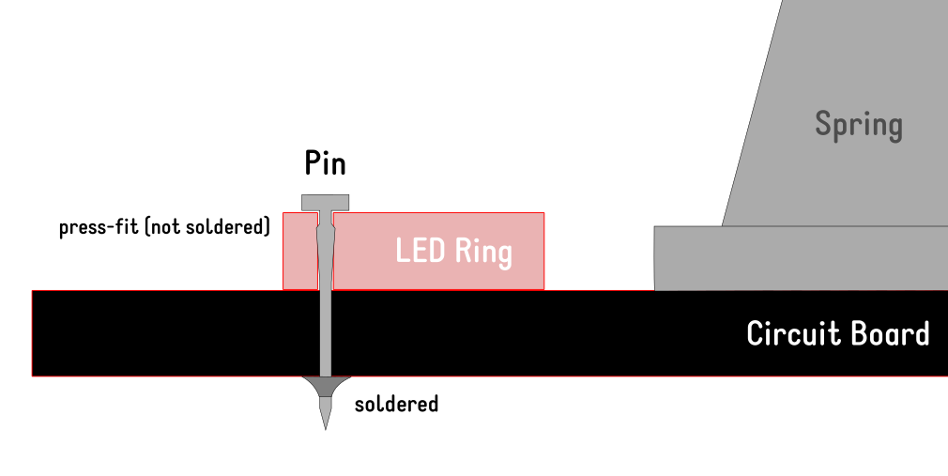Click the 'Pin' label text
point(325,163)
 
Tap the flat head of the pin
point(325,202)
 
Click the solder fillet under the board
point(326,385)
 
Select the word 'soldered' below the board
point(396,405)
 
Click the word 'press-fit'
point(99,227)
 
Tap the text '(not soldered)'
point(207,227)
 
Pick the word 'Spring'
point(858,125)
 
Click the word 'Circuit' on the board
point(788,333)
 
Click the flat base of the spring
point(798,258)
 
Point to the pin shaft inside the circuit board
point(326,333)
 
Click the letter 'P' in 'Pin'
point(313,163)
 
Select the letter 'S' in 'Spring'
point(823,124)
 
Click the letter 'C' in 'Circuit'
point(755,333)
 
